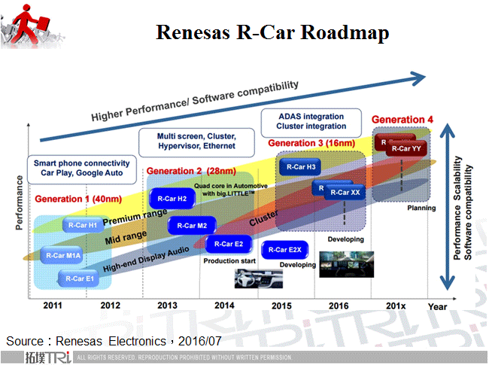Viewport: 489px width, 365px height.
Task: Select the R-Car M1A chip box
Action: [x=63, y=255]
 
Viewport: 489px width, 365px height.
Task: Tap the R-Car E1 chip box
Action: [x=81, y=278]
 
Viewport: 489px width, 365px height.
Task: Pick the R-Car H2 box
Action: [x=172, y=198]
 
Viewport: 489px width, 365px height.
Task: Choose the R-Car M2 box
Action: [x=193, y=224]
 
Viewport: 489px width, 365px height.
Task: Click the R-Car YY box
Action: [x=406, y=148]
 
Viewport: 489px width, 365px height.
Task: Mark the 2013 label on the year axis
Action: [x=169, y=306]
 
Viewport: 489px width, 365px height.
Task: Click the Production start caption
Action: [x=230, y=261]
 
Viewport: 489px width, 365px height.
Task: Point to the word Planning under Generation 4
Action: [x=421, y=208]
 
